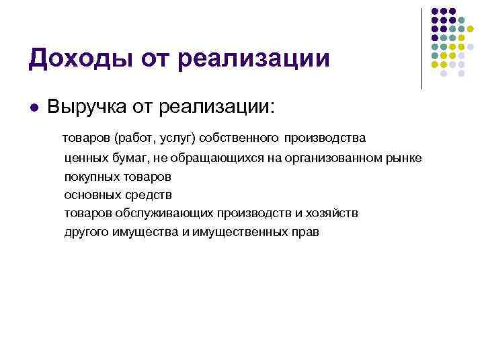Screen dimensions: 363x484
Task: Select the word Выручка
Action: click(86, 108)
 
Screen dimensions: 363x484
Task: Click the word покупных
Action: click(92, 177)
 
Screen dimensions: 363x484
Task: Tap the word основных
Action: click(93, 195)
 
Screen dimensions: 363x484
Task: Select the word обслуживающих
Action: click(166, 214)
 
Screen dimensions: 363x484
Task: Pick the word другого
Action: click(87, 233)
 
